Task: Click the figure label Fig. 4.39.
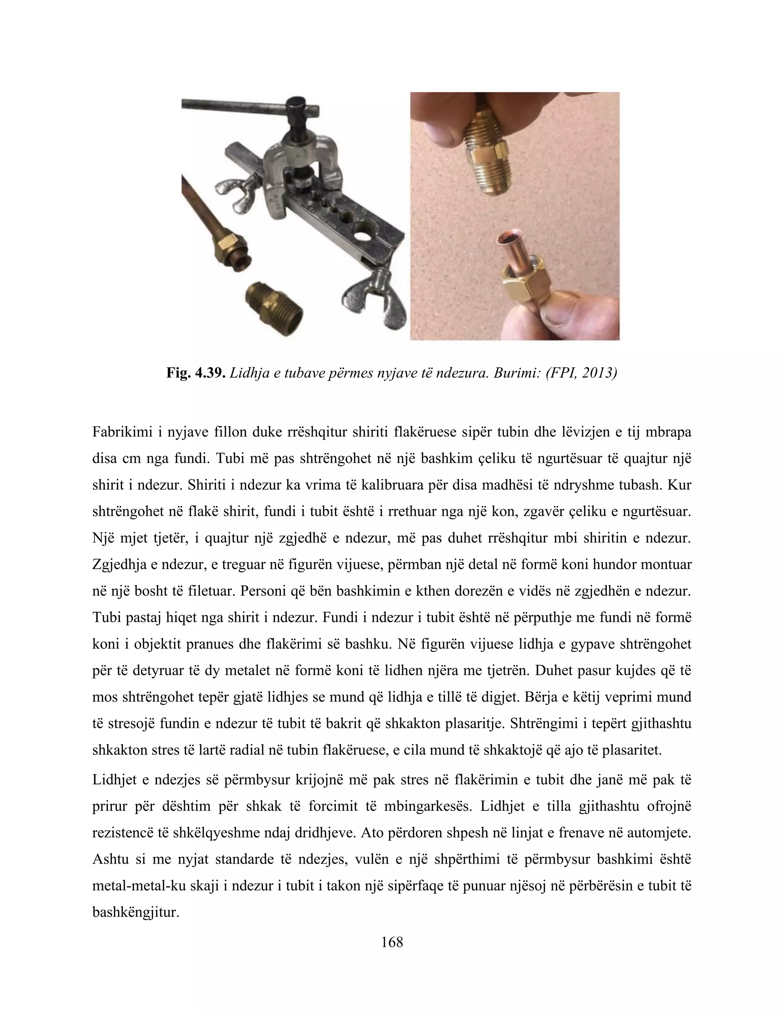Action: [196, 373]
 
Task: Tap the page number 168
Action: [392, 942]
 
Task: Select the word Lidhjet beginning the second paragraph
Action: [114, 779]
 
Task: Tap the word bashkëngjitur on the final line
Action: [135, 912]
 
